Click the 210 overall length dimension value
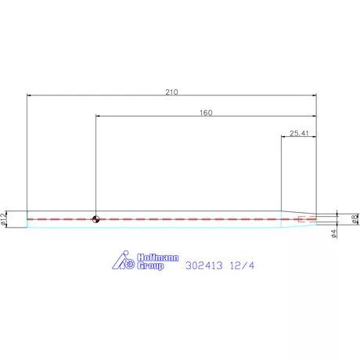click(x=171, y=92)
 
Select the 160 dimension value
click(x=206, y=113)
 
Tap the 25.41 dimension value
click(x=299, y=133)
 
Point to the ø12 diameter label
click(x=3, y=219)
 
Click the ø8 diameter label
click(x=355, y=219)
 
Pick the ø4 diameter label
click(x=333, y=233)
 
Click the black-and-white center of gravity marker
click(x=95, y=219)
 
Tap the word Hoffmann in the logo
click(x=158, y=257)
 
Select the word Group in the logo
click(x=150, y=266)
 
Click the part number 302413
click(x=204, y=265)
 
